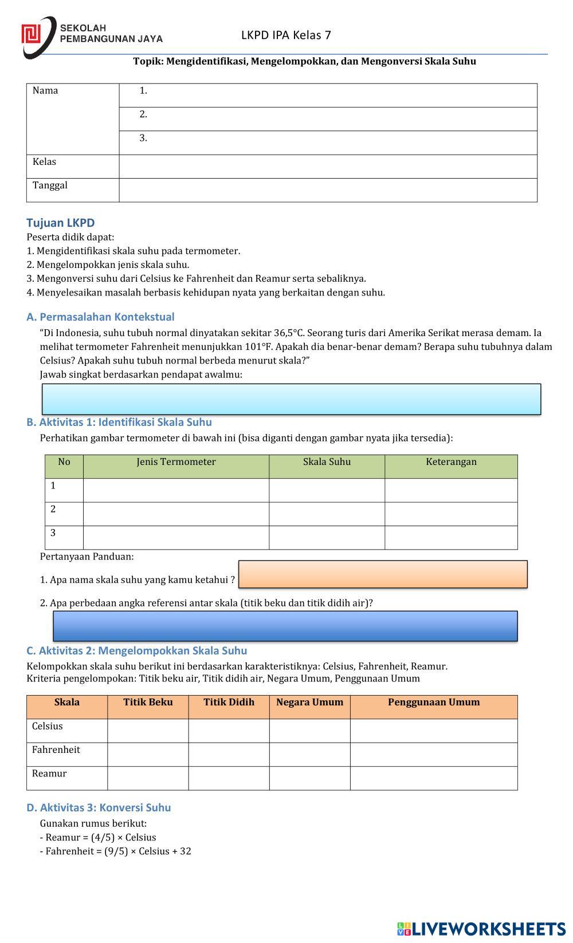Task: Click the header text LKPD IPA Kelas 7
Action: [286, 35]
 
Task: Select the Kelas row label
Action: [45, 162]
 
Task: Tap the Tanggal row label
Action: [50, 186]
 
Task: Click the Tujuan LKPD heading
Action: [61, 223]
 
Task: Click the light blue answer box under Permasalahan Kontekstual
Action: [291, 399]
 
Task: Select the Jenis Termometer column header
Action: [176, 462]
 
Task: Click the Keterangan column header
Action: [451, 462]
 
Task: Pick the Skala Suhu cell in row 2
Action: [327, 514]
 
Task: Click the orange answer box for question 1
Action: [383, 574]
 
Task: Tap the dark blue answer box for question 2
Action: [285, 626]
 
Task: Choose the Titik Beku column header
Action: [148, 703]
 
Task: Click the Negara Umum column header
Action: [309, 703]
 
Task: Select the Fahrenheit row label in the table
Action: [56, 750]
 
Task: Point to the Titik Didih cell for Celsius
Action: [229, 731]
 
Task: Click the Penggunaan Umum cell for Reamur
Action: [434, 778]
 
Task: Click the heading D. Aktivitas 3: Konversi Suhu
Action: [99, 808]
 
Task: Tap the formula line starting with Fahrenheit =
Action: [116, 851]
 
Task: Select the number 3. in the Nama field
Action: [143, 138]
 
